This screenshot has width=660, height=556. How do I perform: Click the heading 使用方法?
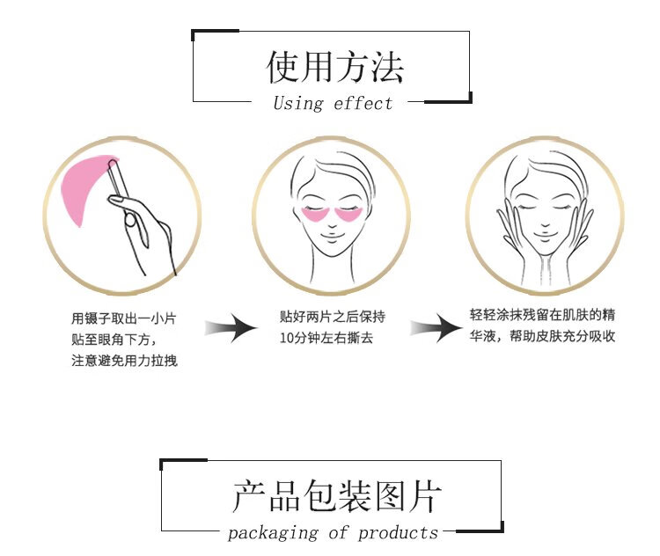click(x=334, y=67)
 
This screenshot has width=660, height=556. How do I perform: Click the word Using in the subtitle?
click(x=298, y=104)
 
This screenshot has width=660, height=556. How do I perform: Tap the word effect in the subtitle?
click(x=363, y=104)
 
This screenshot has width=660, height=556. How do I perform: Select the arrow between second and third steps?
click(x=436, y=330)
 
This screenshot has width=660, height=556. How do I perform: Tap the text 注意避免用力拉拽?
click(x=124, y=361)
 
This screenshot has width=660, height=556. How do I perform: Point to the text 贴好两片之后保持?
click(x=331, y=317)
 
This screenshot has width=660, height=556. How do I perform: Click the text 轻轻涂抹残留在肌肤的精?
click(x=542, y=315)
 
